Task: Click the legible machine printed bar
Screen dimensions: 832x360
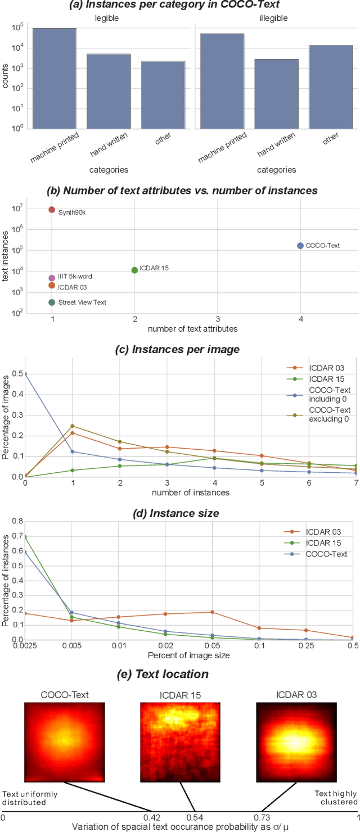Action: pyautogui.click(x=55, y=79)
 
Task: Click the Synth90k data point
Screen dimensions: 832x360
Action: pyautogui.click(x=52, y=210)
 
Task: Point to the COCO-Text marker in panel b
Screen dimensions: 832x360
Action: pyautogui.click(x=300, y=246)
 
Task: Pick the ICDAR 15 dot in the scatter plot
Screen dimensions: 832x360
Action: pyautogui.click(x=134, y=270)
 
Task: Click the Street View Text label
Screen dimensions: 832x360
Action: pyautogui.click(x=82, y=302)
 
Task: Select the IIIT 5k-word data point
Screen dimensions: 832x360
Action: pyautogui.click(x=52, y=278)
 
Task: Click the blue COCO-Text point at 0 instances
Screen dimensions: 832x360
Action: pyautogui.click(x=25, y=374)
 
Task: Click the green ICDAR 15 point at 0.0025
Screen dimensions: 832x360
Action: pyautogui.click(x=25, y=536)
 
